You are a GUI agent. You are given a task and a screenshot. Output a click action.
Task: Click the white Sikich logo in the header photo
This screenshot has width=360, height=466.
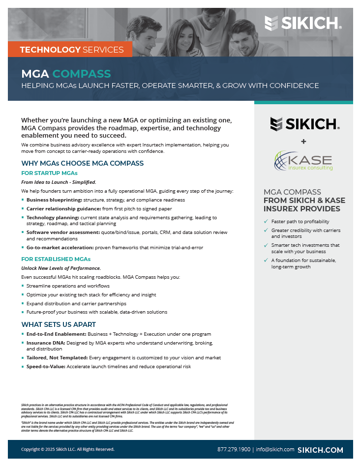point(303,23)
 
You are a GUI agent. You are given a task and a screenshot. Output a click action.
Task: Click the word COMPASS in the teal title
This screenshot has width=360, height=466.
point(82,74)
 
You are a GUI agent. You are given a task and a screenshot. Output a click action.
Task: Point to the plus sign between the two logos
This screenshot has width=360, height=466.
point(303,142)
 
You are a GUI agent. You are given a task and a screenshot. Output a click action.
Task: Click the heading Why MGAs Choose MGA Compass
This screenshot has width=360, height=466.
point(83,163)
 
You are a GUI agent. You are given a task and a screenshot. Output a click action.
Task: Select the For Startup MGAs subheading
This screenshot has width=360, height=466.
point(49,173)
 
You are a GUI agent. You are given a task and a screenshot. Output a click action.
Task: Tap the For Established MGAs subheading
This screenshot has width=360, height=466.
point(56,259)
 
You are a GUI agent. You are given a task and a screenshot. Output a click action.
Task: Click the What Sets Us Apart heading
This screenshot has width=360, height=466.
point(59,324)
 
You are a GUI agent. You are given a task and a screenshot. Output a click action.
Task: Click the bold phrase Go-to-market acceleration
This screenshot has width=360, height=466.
point(60,247)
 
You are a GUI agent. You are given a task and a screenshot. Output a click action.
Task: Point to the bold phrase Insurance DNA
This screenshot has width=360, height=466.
point(43,342)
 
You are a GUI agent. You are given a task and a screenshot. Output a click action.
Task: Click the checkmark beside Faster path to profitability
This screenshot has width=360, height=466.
point(266,222)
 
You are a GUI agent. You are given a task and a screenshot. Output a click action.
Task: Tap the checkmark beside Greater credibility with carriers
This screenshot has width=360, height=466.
point(266,230)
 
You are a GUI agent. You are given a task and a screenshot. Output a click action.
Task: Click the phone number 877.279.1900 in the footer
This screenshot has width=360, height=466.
point(234,450)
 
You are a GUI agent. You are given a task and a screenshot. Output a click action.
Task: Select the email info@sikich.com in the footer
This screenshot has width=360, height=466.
point(275,450)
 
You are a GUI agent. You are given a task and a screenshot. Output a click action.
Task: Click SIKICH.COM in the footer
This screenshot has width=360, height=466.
point(321,450)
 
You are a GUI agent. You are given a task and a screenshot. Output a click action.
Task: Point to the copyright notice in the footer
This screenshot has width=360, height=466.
point(67,449)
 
